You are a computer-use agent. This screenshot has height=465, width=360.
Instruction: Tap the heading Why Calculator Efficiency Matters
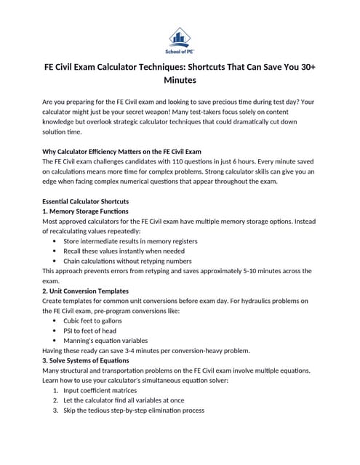pyautogui.click(x=121, y=151)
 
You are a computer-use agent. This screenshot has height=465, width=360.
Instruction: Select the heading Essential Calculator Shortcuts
pyautogui.click(x=86, y=201)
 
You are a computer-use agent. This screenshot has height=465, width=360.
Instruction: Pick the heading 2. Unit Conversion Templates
pyautogui.click(x=86, y=290)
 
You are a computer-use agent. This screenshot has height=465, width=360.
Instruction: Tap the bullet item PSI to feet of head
pyautogui.click(x=89, y=331)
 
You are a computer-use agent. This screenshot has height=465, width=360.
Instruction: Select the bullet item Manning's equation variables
pyautogui.click(x=105, y=340)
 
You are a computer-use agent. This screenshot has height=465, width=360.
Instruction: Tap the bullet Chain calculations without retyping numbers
pyautogui.click(x=127, y=261)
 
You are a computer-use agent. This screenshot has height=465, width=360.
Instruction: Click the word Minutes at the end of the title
pyautogui.click(x=180, y=79)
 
